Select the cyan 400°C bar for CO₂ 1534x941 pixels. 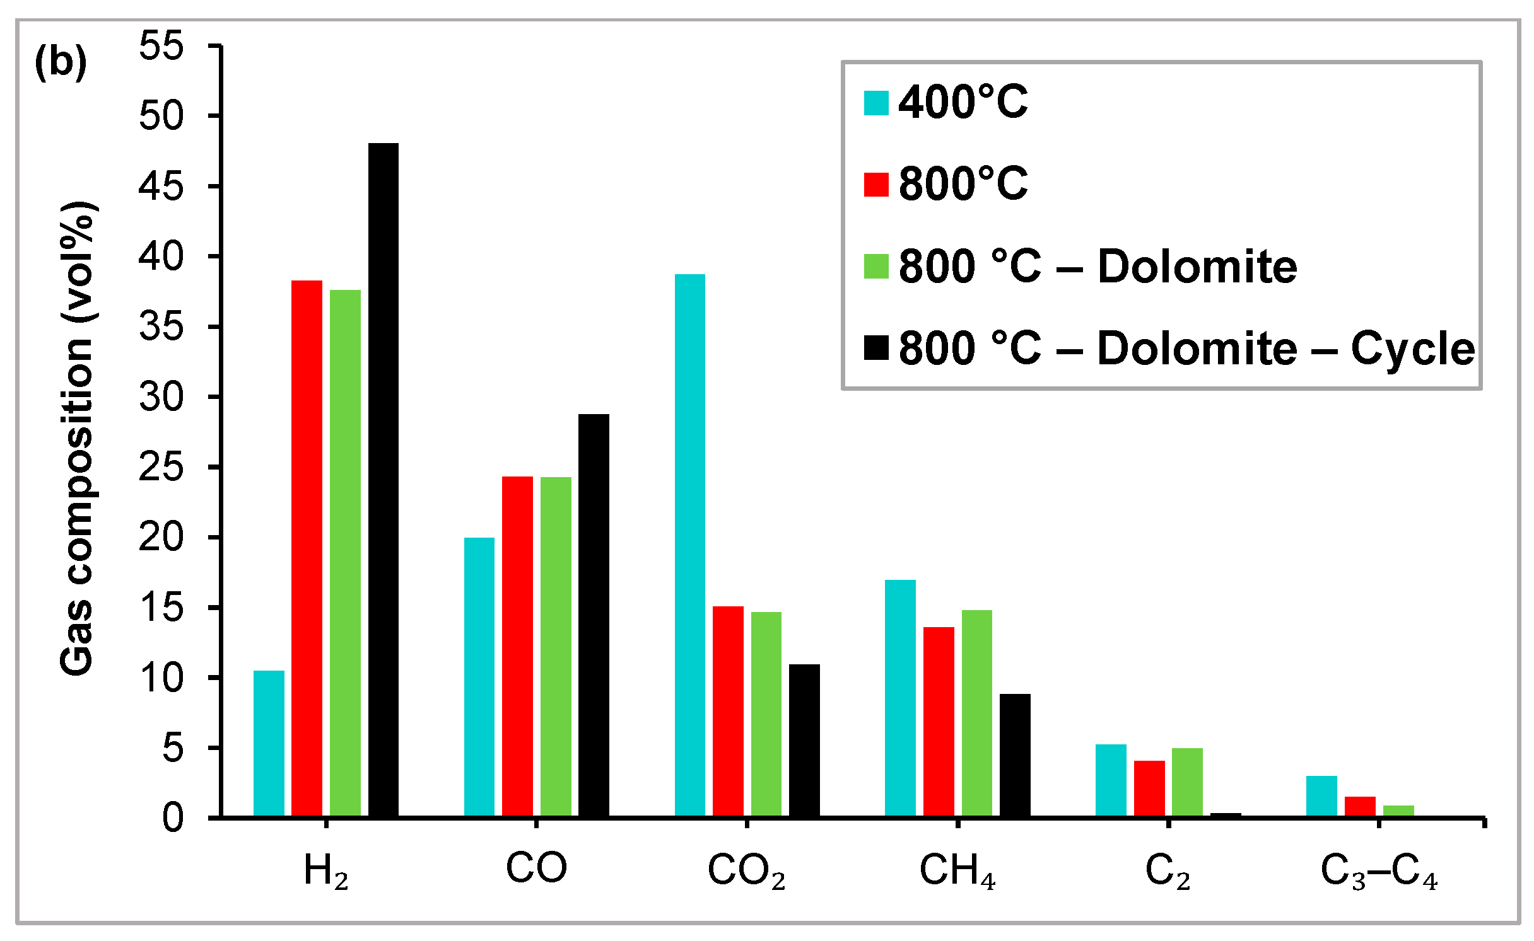[690, 546]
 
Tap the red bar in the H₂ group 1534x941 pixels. [307, 548]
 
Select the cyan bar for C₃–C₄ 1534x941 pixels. [1321, 797]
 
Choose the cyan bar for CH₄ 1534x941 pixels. [900, 698]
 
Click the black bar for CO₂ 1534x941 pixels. [804, 741]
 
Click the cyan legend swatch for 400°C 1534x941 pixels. [876, 103]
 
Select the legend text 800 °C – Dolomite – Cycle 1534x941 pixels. [1186, 348]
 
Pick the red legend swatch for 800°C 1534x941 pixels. [876, 185]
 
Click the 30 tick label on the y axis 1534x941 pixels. [161, 397]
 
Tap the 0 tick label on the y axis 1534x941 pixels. [173, 818]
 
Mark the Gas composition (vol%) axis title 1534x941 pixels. [77, 439]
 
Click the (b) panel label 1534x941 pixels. [61, 62]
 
